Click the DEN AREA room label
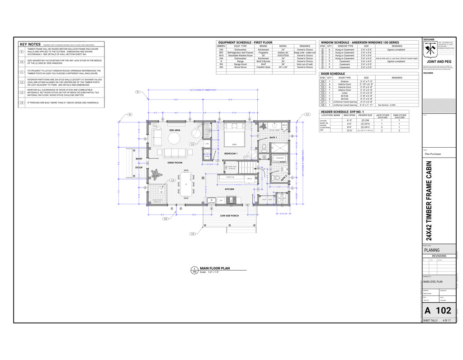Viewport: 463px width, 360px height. click(x=175, y=130)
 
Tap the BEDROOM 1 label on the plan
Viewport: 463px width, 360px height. click(x=231, y=154)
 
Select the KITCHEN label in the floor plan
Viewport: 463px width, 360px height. click(x=229, y=189)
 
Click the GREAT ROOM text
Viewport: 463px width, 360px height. click(x=175, y=162)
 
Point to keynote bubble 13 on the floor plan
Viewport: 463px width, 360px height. click(x=173, y=180)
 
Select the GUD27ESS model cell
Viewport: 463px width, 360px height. click(x=283, y=56)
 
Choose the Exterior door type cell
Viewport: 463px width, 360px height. click(x=345, y=81)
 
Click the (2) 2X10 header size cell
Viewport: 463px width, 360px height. click(x=365, y=124)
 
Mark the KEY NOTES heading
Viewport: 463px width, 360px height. click(x=30, y=44)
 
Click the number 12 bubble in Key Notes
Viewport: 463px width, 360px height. click(x=22, y=82)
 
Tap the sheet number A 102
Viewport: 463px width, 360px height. click(x=438, y=310)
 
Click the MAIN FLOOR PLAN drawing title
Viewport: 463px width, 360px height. click(x=215, y=268)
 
